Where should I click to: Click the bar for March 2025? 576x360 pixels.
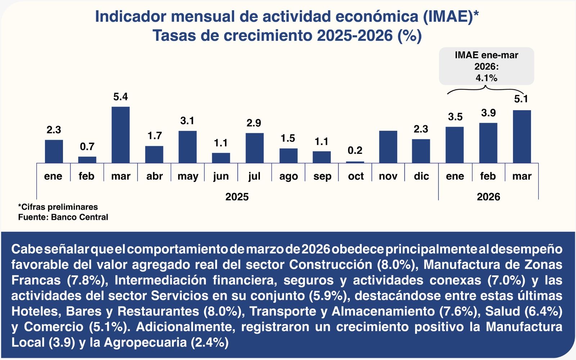(x=121, y=135)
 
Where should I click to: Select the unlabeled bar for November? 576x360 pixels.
(x=388, y=147)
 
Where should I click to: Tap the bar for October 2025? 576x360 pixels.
(x=355, y=162)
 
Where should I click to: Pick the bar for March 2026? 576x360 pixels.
(x=522, y=137)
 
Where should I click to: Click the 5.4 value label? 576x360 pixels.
(x=121, y=97)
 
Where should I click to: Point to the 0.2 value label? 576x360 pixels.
(x=355, y=150)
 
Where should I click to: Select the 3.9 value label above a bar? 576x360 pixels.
(x=489, y=113)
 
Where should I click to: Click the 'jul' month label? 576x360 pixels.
(x=254, y=176)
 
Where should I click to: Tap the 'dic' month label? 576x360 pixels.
(x=421, y=176)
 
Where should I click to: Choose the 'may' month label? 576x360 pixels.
(x=188, y=176)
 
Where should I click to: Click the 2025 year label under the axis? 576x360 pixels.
(x=237, y=197)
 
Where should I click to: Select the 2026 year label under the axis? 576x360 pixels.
(x=489, y=197)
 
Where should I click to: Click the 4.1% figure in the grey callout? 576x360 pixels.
(x=486, y=78)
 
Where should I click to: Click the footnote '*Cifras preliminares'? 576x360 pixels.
(x=58, y=207)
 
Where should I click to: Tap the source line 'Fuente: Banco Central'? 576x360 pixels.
(x=63, y=217)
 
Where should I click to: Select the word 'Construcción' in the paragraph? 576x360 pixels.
(x=330, y=265)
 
